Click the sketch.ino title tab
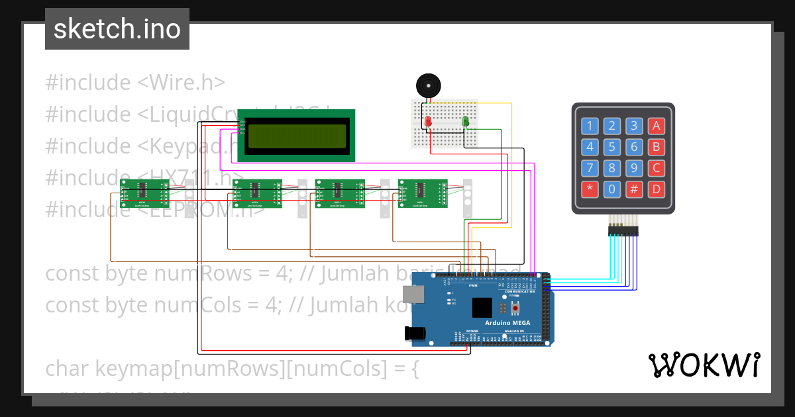click(x=117, y=29)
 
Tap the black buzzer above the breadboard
click(x=428, y=86)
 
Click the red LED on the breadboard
click(x=428, y=122)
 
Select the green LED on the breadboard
click(x=465, y=122)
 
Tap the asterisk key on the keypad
click(x=590, y=189)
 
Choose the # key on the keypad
click(x=634, y=189)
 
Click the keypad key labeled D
click(x=656, y=189)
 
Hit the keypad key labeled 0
click(x=612, y=189)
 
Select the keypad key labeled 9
click(x=634, y=168)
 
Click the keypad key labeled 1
click(x=590, y=126)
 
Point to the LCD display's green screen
click(x=296, y=136)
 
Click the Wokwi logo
click(x=704, y=365)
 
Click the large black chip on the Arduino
click(x=482, y=308)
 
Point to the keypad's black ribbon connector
click(x=623, y=230)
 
